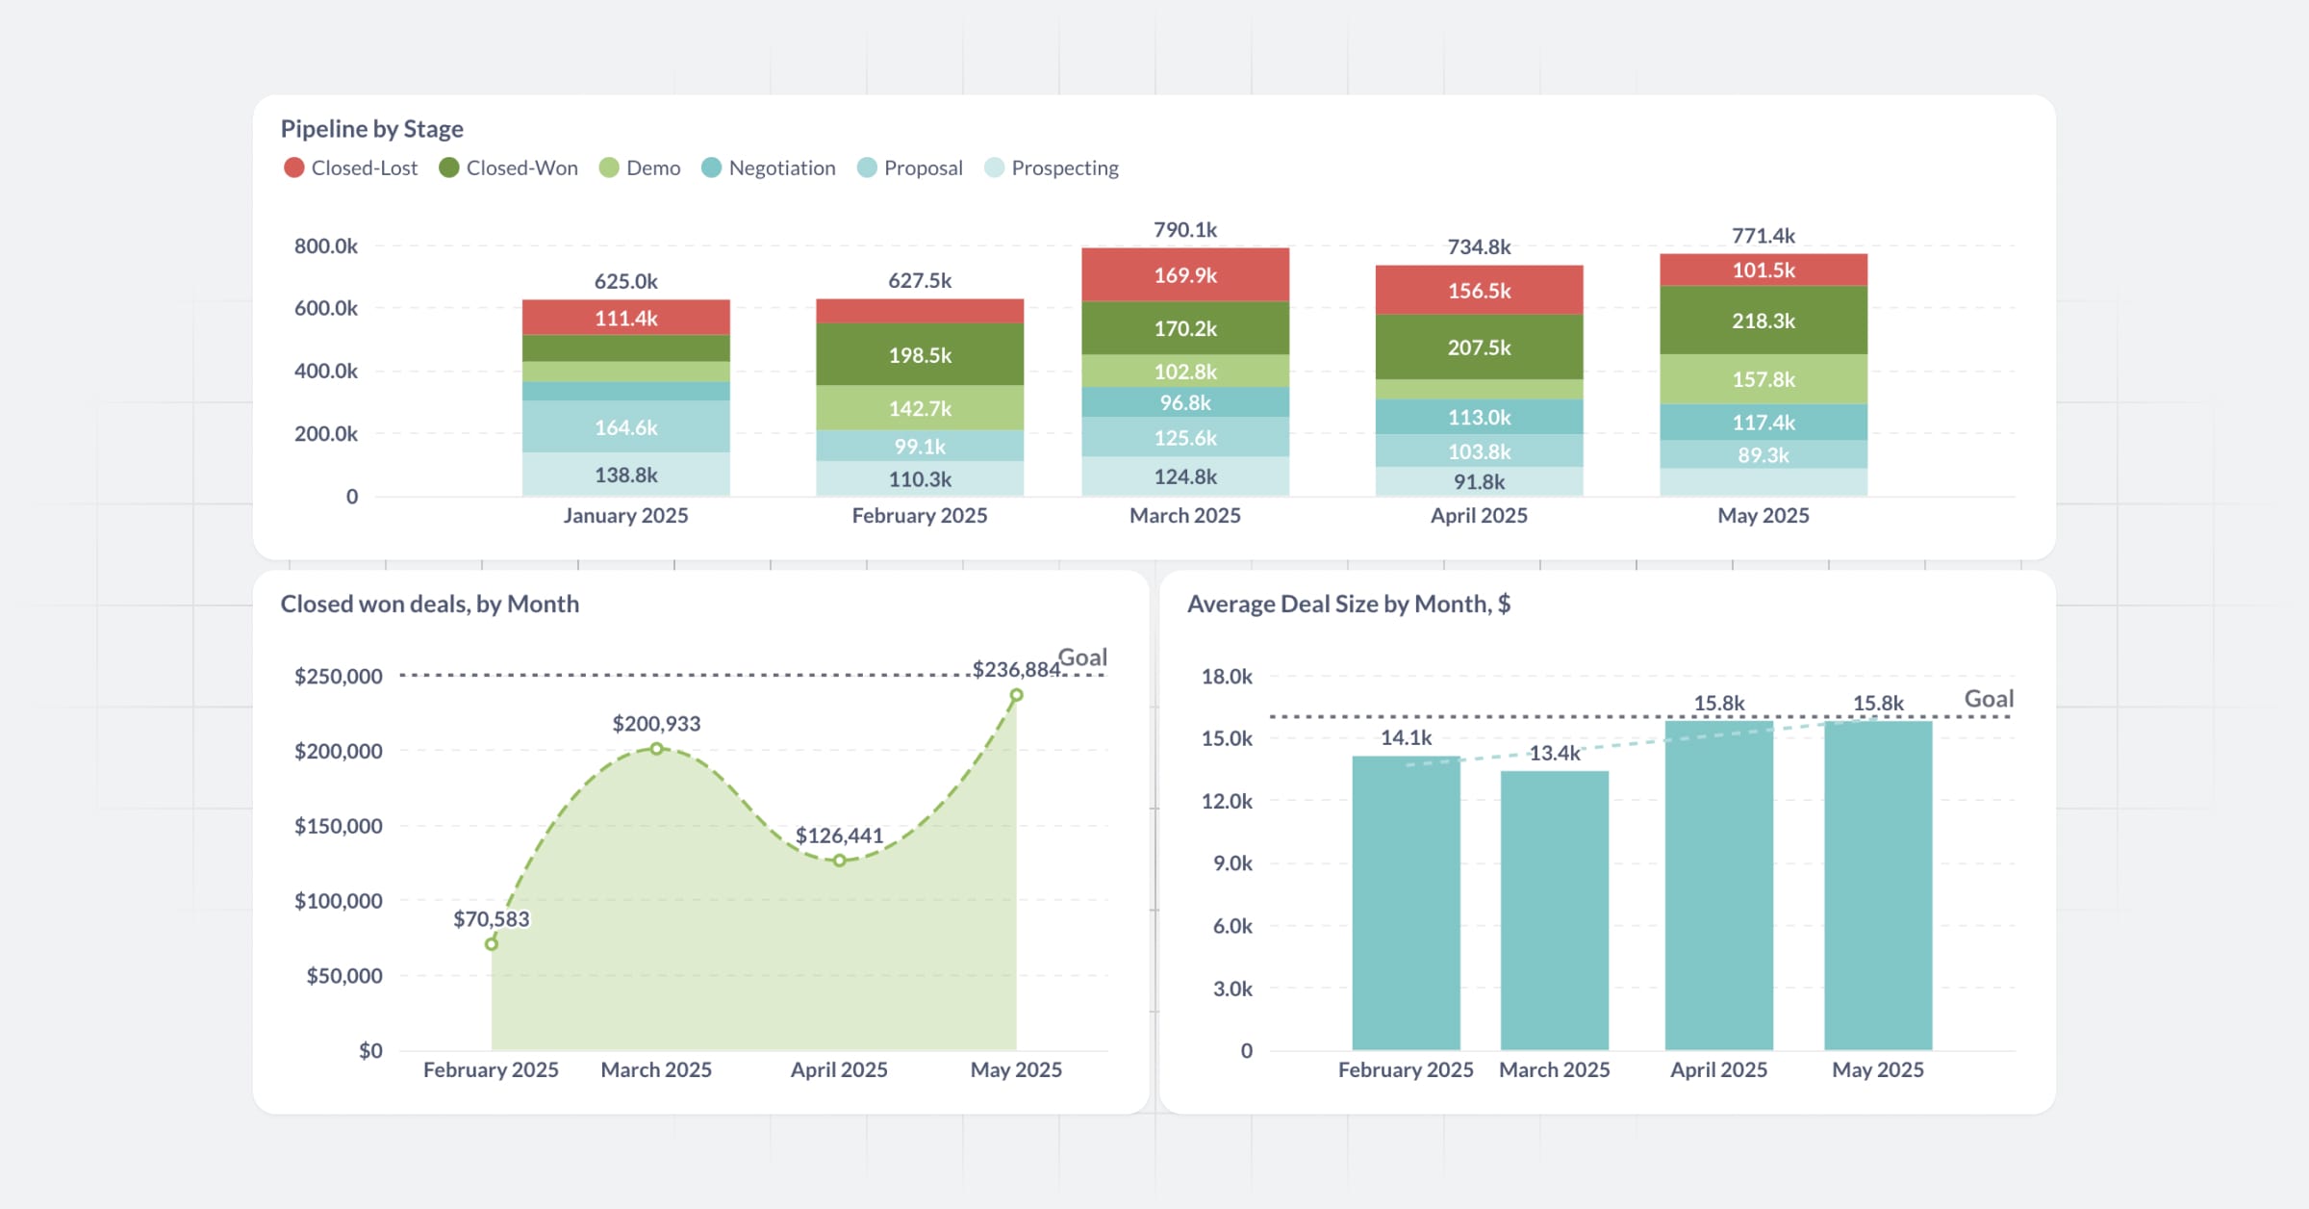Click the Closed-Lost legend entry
(351, 168)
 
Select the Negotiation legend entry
(769, 168)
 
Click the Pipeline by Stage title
(371, 129)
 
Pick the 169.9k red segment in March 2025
(1184, 276)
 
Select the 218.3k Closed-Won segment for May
(1763, 322)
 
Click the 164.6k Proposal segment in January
(625, 427)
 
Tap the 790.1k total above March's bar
(1184, 230)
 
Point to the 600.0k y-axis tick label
(325, 309)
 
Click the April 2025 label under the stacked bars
(1478, 516)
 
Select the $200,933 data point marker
(656, 749)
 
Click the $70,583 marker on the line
(492, 944)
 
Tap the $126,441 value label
(839, 836)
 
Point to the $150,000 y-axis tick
(338, 826)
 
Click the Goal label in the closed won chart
(1082, 657)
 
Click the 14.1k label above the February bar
(1406, 738)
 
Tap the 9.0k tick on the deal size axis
(1231, 863)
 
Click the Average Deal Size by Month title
(1348, 604)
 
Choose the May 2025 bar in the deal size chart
(1877, 886)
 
